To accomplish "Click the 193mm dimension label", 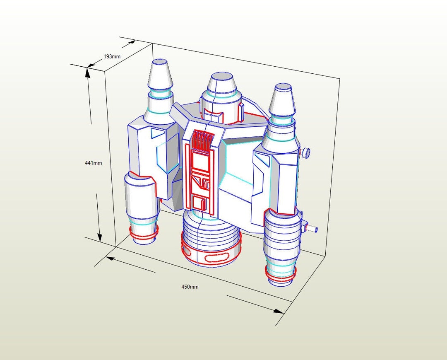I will (112, 56).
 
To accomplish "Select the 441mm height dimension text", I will (93, 163).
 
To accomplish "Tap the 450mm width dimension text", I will (190, 287).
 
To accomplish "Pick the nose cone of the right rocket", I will (283, 99).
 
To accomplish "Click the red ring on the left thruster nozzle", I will (144, 234).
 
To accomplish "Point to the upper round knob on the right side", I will (305, 153).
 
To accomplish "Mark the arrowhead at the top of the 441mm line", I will (88, 72).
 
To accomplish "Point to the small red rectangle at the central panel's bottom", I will (203, 203).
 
